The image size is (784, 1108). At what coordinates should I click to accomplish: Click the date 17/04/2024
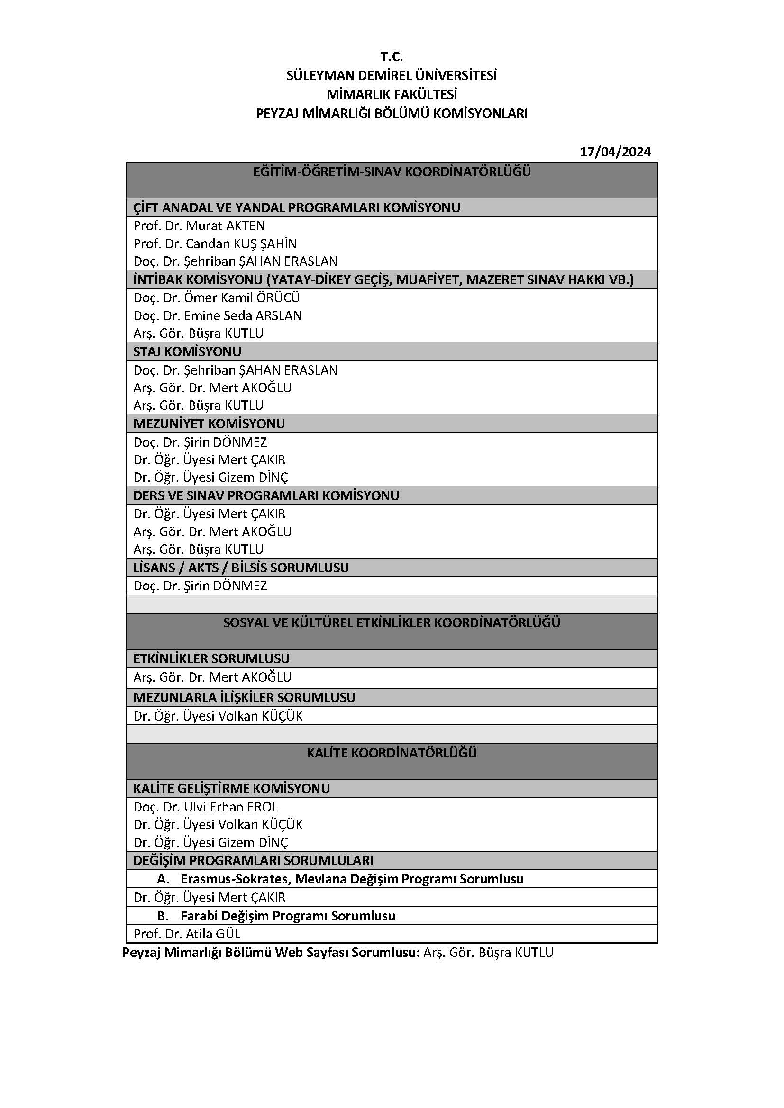coord(615,152)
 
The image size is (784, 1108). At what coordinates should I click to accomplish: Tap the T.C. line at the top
coord(392,57)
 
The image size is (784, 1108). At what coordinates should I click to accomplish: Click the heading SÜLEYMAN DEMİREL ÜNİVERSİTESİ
coord(392,76)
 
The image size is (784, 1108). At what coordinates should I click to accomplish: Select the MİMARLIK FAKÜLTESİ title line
coord(392,94)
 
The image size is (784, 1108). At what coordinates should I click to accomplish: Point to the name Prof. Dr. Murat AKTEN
coord(199,226)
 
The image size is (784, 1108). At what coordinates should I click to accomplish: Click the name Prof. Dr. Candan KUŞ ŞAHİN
coord(215,243)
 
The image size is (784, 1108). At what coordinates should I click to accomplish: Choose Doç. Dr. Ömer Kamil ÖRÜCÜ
coord(217,298)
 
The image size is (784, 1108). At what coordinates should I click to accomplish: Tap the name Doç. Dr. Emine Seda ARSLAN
coord(217,315)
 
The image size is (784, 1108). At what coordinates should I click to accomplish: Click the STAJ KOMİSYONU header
coord(187,352)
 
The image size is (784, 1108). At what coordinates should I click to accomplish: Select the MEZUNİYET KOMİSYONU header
coord(209,423)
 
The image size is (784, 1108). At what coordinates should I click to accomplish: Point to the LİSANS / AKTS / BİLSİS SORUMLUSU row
coord(241,568)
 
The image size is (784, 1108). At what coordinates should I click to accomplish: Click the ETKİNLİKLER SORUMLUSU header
coord(211,659)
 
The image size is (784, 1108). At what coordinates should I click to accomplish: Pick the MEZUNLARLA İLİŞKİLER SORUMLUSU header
coord(244,697)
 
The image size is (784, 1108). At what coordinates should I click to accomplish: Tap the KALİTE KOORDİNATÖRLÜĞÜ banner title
coord(392,753)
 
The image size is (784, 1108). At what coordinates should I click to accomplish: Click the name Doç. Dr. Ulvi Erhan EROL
coord(206,807)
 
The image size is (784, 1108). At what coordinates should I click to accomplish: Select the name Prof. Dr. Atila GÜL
coord(187,934)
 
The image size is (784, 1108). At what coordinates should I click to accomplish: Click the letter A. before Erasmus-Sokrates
coord(163,879)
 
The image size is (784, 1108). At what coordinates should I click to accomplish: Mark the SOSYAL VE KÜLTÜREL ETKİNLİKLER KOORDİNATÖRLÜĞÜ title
coord(392,622)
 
